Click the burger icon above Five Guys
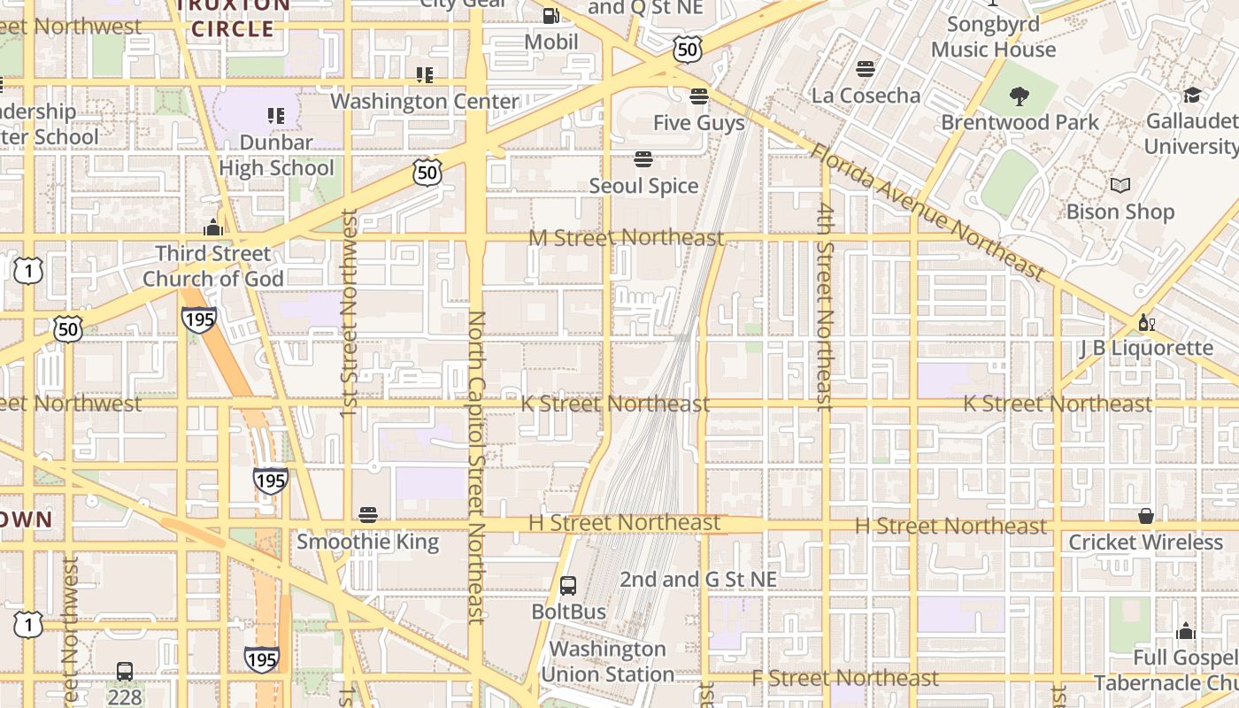point(699,96)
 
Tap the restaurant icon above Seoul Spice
point(643,159)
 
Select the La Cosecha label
point(866,95)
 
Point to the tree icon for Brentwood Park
point(1020,96)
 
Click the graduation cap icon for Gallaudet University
point(1192,95)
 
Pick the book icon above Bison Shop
point(1120,186)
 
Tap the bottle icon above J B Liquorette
point(1146,322)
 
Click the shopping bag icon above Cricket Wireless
point(1146,516)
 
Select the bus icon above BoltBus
point(568,586)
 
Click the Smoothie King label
point(367,541)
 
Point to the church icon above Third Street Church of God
point(212,228)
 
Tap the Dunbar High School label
point(276,155)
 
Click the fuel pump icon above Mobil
point(550,16)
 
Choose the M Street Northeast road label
point(626,238)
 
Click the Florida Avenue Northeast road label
point(927,211)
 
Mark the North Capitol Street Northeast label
point(476,467)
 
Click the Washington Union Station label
point(607,661)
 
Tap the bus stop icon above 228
point(125,672)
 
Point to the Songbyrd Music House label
point(993,36)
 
